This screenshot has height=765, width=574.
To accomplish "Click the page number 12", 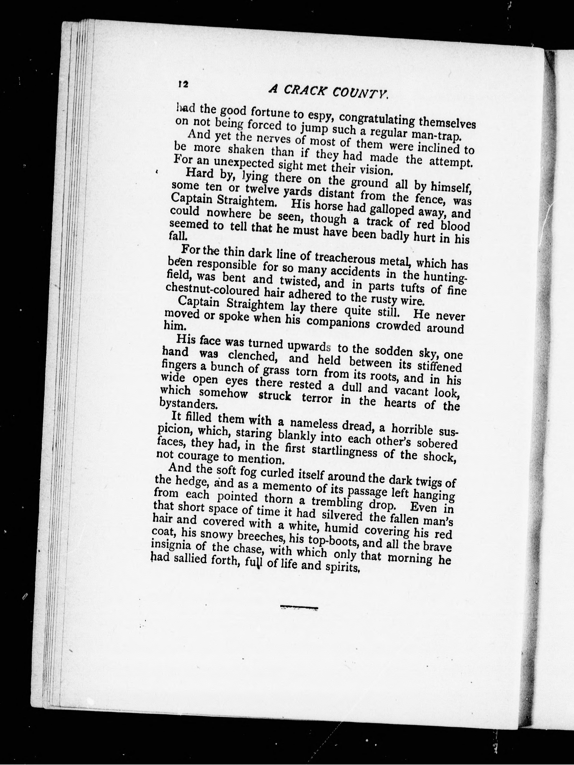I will [183, 84].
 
